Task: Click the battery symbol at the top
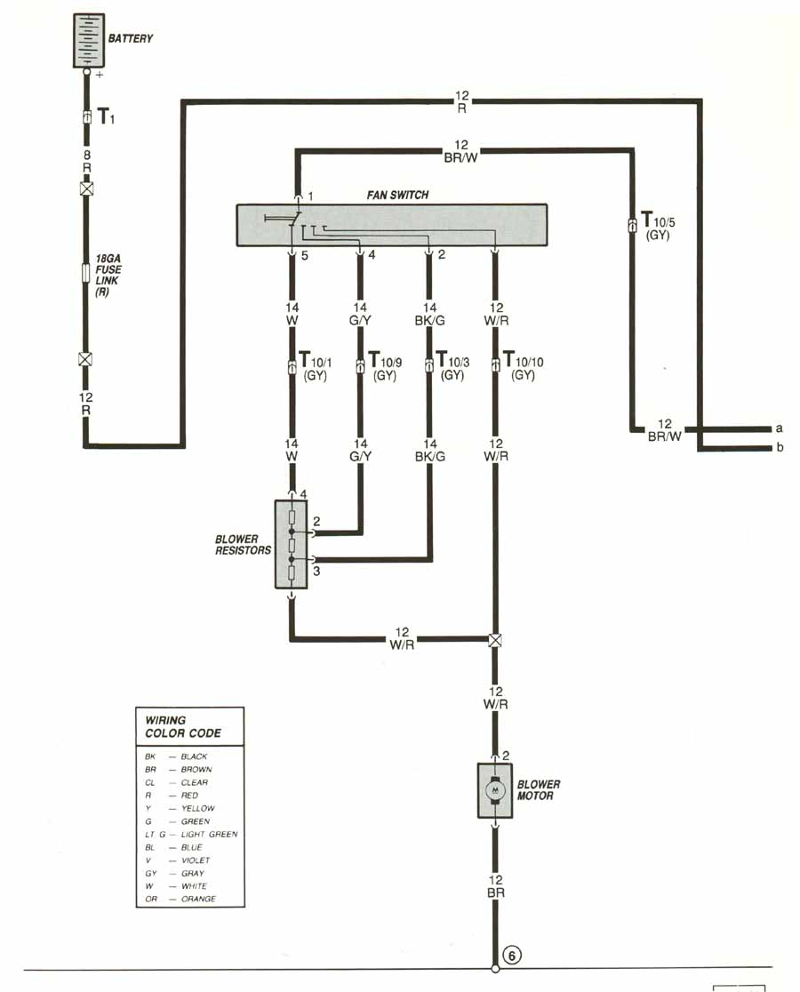[x=87, y=40]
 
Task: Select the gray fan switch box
[x=391, y=225]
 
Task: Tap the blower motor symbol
[x=494, y=790]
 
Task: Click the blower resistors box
[x=291, y=544]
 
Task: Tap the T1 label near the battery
[x=106, y=116]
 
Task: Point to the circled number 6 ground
[x=512, y=956]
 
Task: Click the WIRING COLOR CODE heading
[x=183, y=726]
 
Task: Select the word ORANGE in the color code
[x=197, y=899]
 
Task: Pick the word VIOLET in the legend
[x=195, y=860]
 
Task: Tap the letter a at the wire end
[x=780, y=428]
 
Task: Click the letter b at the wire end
[x=780, y=448]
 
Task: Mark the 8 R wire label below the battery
[x=87, y=161]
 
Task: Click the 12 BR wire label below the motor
[x=495, y=886]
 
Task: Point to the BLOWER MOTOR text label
[x=539, y=790]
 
